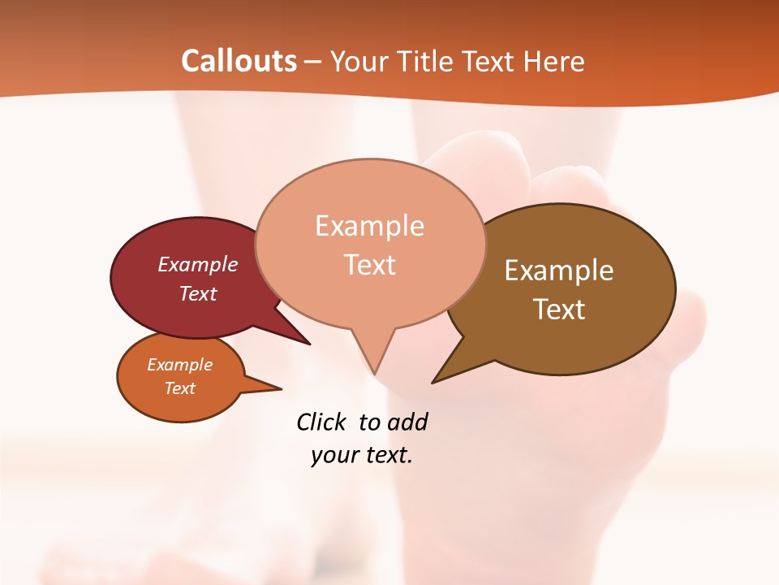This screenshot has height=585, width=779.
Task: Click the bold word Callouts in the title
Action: tap(239, 61)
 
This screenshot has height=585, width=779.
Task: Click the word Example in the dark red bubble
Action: tap(198, 264)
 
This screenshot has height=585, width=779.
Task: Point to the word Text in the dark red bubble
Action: tap(198, 293)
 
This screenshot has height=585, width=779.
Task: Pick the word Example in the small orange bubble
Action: tap(179, 365)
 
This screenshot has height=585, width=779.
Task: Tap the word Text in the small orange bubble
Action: tap(179, 388)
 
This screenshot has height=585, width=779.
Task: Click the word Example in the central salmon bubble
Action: tap(369, 225)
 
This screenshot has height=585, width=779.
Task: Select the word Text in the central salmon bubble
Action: tap(369, 264)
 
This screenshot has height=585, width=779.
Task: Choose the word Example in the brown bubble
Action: tap(559, 271)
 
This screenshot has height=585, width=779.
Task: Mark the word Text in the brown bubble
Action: tap(559, 309)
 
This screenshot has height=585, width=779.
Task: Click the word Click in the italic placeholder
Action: tap(321, 422)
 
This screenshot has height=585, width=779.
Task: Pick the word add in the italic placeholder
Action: tap(407, 422)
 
